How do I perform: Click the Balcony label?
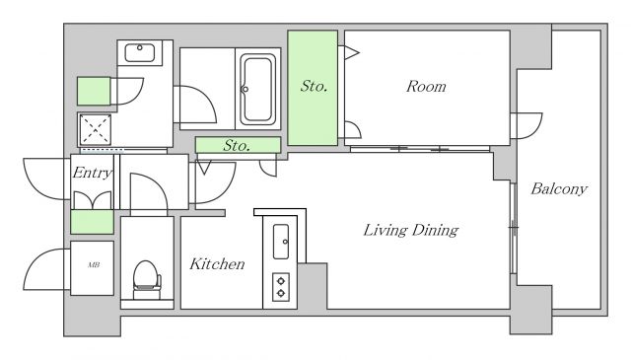[x=559, y=188]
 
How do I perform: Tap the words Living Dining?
[x=411, y=230]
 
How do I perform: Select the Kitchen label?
[x=217, y=263]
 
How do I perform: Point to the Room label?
[x=426, y=86]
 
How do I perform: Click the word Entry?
[x=92, y=173]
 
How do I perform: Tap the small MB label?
[x=94, y=265]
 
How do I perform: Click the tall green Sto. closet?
[x=313, y=88]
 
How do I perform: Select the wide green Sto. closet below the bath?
[x=238, y=145]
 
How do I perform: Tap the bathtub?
[x=257, y=89]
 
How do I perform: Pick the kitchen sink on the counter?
[x=281, y=242]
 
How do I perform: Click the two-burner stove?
[x=281, y=287]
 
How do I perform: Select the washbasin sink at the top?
[x=140, y=52]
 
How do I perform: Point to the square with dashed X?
[x=96, y=129]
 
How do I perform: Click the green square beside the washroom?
[x=94, y=92]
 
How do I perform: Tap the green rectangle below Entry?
[x=92, y=222]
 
